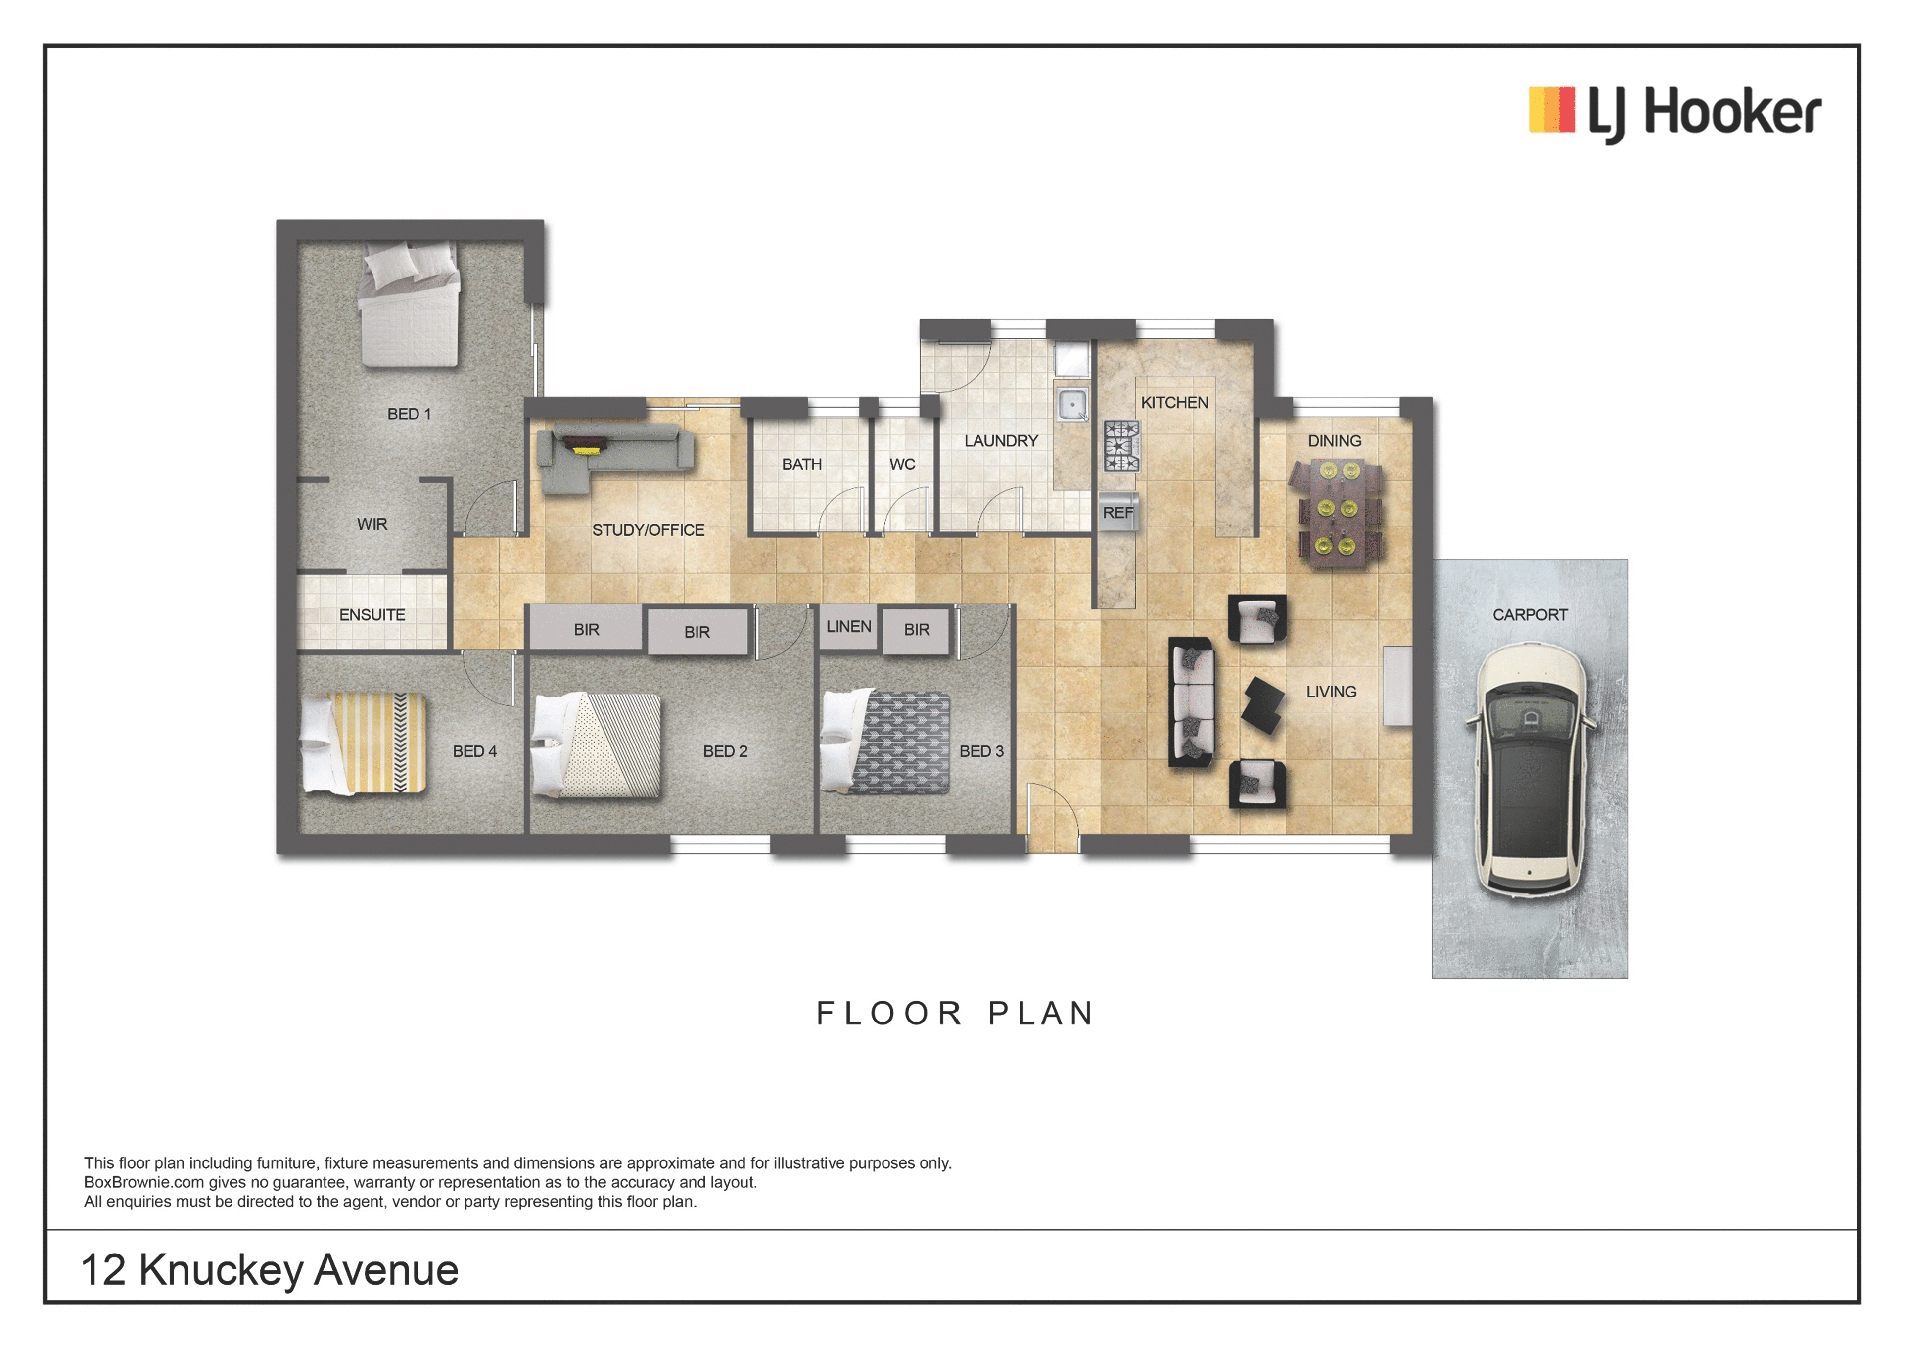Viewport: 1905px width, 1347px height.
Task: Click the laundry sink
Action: point(1072,405)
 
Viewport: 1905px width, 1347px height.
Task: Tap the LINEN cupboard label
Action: point(849,627)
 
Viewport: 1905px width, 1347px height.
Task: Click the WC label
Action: point(903,465)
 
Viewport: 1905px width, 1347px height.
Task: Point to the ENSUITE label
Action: point(372,615)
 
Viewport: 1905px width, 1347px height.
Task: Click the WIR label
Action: point(372,524)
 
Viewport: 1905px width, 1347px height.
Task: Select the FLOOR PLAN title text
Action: point(956,1014)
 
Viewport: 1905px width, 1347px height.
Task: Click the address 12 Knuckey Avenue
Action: point(270,1270)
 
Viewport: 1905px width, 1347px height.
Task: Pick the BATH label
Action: point(801,465)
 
